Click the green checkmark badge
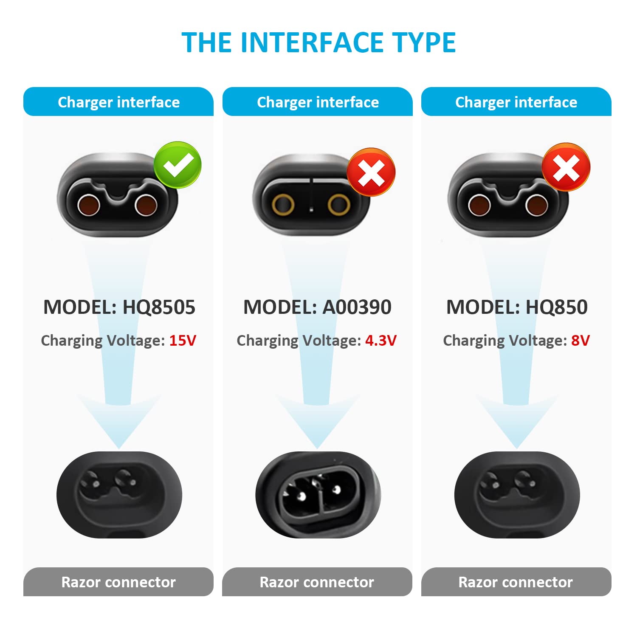(178, 165)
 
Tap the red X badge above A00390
(371, 172)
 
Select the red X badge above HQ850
(566, 167)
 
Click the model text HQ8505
(159, 307)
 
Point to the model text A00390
(357, 307)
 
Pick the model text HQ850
(556, 307)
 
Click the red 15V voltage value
(183, 341)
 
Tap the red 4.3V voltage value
(381, 341)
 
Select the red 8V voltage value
(580, 341)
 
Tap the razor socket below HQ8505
(119, 495)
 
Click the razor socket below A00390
(318, 495)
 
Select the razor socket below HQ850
(517, 495)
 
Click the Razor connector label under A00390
(317, 582)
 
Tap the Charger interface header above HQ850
(516, 102)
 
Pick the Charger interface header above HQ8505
(118, 102)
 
